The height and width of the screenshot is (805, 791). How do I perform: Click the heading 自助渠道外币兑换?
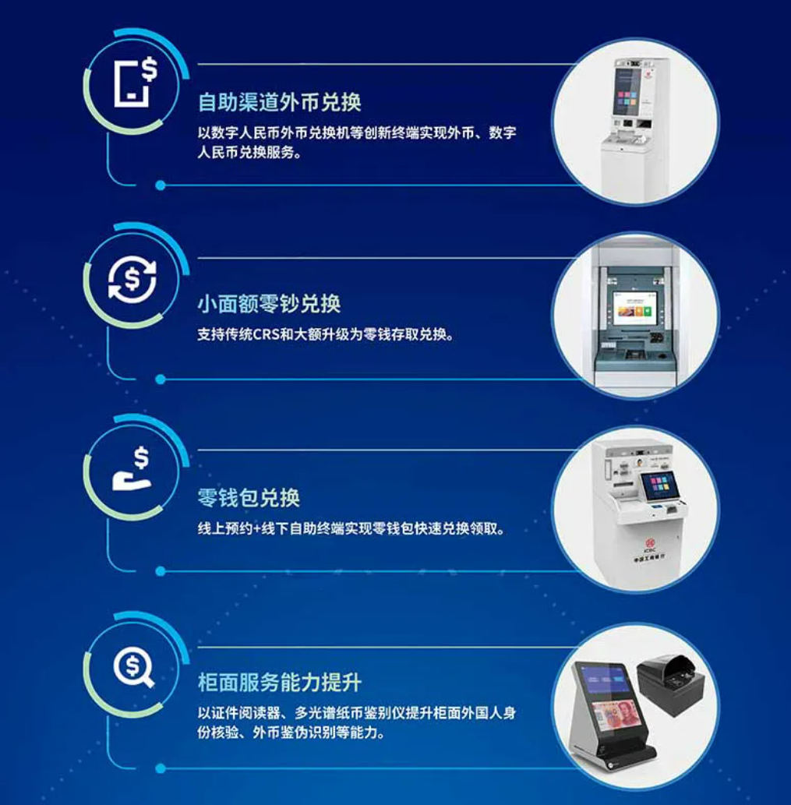pyautogui.click(x=280, y=102)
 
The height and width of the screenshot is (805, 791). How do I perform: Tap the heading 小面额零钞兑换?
pyautogui.click(x=270, y=303)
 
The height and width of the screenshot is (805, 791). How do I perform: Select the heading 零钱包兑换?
pyautogui.click(x=249, y=497)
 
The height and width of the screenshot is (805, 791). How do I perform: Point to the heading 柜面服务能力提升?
pyautogui.click(x=280, y=683)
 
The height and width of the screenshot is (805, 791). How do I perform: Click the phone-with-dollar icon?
pyautogui.click(x=135, y=82)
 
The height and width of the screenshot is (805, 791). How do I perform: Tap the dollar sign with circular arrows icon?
pyautogui.click(x=132, y=280)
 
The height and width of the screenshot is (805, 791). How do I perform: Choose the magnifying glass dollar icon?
pyautogui.click(x=133, y=667)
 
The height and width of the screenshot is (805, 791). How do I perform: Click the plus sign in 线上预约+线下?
pyautogui.click(x=257, y=529)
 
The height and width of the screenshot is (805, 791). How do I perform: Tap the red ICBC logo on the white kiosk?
pyautogui.click(x=650, y=543)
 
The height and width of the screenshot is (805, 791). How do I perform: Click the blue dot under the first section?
pyautogui.click(x=161, y=185)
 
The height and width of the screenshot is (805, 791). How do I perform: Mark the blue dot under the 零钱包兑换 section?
pyautogui.click(x=161, y=571)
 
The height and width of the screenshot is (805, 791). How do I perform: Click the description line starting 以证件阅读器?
pyautogui.click(x=357, y=713)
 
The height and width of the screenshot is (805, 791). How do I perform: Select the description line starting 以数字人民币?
pyautogui.click(x=357, y=133)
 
